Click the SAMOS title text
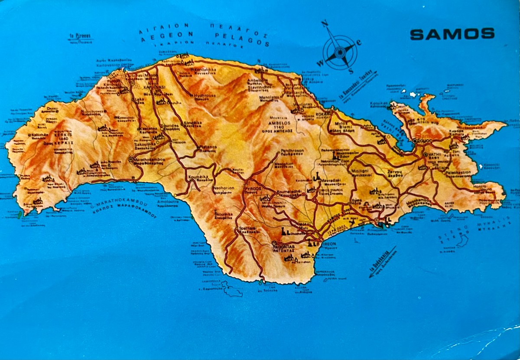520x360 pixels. pyautogui.click(x=452, y=34)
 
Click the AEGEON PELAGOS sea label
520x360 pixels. pyautogui.click(x=204, y=37)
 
